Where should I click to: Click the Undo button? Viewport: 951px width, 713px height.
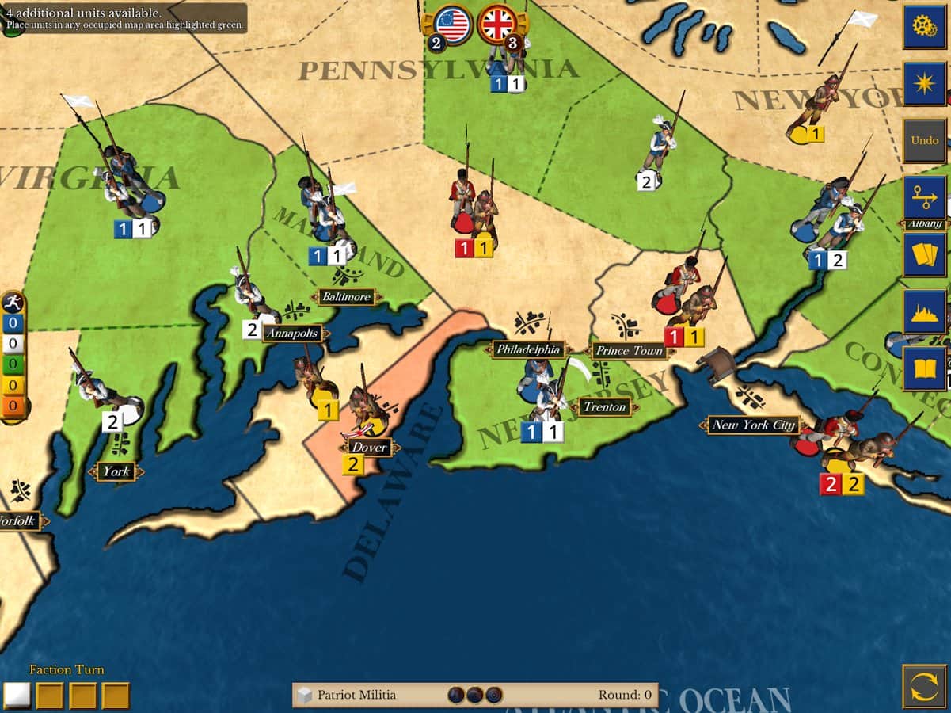click(924, 140)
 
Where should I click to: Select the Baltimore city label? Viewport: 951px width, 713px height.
click(347, 297)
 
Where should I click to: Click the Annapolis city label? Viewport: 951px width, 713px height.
click(292, 333)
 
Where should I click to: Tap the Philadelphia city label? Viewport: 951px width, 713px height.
click(529, 349)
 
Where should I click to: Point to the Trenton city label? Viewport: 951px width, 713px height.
click(605, 407)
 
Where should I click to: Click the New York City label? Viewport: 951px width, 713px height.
click(752, 425)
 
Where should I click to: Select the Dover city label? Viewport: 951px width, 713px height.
click(369, 447)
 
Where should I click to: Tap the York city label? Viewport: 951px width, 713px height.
click(116, 472)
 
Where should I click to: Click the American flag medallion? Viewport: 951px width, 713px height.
click(453, 24)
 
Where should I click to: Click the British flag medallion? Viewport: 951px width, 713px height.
click(498, 24)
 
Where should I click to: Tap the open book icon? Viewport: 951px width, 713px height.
click(924, 368)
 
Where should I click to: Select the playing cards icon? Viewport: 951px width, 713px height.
click(924, 254)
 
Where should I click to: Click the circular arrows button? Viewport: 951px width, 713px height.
click(924, 686)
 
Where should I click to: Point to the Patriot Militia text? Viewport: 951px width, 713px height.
click(356, 696)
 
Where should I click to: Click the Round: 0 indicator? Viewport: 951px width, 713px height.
click(625, 696)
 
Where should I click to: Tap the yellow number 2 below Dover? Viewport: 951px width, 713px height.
click(352, 465)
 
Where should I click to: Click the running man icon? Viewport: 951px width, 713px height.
click(13, 303)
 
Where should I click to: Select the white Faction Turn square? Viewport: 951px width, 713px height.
click(17, 695)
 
